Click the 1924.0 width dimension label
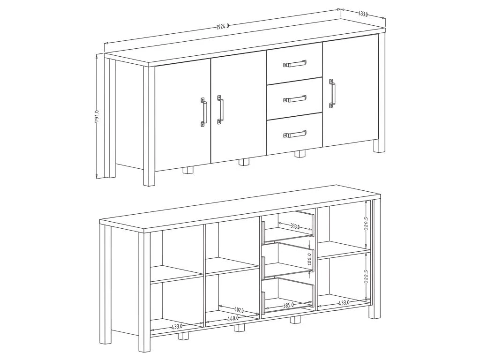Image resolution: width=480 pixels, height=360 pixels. [x=223, y=26]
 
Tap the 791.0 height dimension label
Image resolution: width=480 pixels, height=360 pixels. [x=97, y=117]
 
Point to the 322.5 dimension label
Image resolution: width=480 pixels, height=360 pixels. [x=366, y=277]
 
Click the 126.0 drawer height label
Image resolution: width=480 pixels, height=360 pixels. [x=309, y=259]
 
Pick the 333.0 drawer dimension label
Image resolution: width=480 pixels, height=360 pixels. [x=295, y=226]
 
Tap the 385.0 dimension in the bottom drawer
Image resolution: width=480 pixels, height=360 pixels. [x=288, y=305]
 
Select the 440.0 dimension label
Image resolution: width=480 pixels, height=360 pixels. [x=233, y=318]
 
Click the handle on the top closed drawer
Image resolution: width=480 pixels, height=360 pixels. [x=294, y=63]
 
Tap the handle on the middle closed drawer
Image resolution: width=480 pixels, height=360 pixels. [x=294, y=99]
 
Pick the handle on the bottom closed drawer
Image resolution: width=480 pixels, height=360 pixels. [x=294, y=134]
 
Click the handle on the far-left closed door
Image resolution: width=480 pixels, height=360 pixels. [x=203, y=112]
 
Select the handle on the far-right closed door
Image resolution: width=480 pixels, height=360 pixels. [x=332, y=94]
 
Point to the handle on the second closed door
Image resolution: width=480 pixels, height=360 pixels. [x=220, y=110]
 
